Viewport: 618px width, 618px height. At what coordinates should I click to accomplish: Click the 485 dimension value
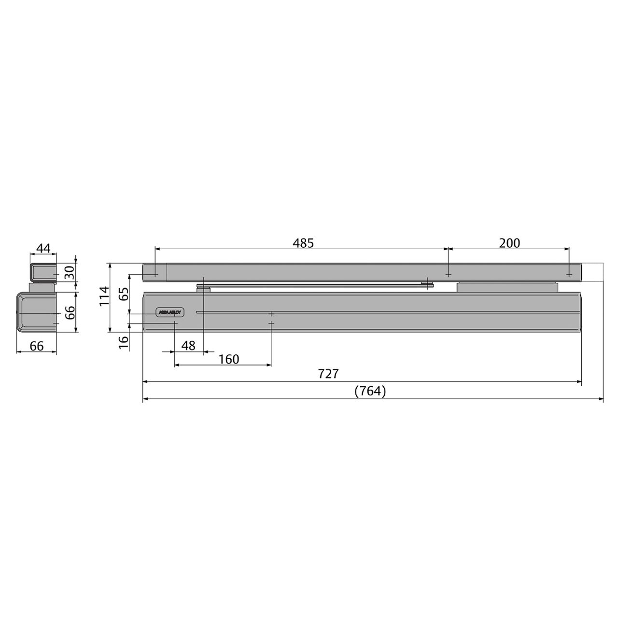click(303, 243)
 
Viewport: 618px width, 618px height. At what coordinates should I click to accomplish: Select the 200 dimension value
click(509, 243)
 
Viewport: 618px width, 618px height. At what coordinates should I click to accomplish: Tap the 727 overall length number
click(328, 374)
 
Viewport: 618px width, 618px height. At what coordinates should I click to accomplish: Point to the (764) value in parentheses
click(370, 391)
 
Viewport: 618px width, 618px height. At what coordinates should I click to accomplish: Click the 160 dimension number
click(228, 359)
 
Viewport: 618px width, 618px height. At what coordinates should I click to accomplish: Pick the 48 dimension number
click(188, 346)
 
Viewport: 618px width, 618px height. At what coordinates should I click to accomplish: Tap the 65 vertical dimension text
click(124, 294)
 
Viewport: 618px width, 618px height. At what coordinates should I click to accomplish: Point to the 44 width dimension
click(43, 248)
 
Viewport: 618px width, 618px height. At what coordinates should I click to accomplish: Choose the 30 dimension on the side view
click(70, 273)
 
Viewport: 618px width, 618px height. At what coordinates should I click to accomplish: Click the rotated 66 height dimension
click(70, 312)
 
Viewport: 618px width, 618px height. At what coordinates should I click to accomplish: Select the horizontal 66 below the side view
click(37, 346)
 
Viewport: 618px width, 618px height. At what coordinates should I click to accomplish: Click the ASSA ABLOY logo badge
click(169, 312)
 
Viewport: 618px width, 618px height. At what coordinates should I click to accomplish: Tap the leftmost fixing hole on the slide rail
click(155, 274)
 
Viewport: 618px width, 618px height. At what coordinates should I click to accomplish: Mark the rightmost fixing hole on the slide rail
click(570, 274)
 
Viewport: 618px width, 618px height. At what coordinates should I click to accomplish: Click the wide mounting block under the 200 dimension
click(507, 287)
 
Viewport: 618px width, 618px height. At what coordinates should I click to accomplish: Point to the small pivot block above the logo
click(204, 289)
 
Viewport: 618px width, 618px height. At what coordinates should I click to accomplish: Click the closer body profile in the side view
click(37, 312)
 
